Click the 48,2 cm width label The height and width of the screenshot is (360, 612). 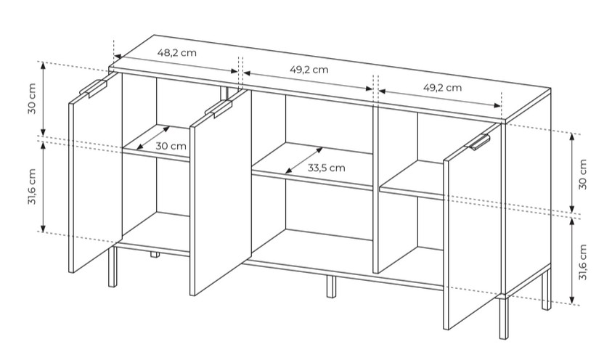tap(177, 52)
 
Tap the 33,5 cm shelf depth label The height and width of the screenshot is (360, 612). tap(326, 168)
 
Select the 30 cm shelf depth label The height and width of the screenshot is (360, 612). tap(171, 147)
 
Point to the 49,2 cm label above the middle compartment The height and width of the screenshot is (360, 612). tap(309, 70)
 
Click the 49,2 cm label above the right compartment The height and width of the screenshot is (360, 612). tap(442, 87)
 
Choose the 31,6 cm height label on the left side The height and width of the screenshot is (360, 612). tap(32, 187)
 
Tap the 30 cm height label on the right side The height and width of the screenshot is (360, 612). tap(583, 174)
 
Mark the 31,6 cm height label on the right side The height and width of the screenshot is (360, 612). tap(583, 262)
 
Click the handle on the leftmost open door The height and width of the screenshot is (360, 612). tap(93, 88)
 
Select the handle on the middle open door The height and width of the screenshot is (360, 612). tap(219, 108)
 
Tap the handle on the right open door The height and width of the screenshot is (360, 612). tap(478, 142)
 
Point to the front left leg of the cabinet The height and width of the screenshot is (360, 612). tap(113, 266)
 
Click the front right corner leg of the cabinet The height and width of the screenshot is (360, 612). tap(504, 318)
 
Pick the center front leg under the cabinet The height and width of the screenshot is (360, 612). tap(331, 286)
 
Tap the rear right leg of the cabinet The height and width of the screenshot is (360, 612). tap(546, 290)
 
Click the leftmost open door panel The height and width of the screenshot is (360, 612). tap(95, 173)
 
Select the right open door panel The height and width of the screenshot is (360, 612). tap(472, 226)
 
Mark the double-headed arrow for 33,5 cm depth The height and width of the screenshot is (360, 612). tap(303, 160)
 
